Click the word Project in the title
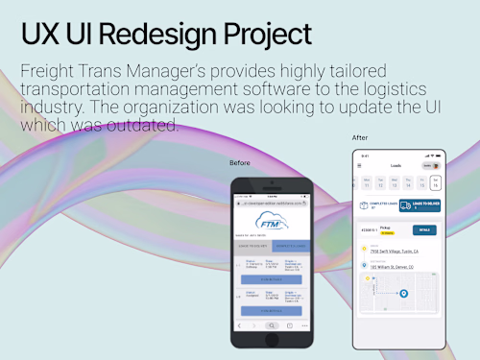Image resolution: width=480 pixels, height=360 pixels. pos(264,34)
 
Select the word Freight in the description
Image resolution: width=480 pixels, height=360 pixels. pos(50,72)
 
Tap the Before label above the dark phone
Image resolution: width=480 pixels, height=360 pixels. pos(239,163)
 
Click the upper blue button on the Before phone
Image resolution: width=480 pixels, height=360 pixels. pos(271,279)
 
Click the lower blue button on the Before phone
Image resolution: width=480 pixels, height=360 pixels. pos(271,310)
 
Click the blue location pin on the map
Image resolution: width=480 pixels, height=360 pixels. pos(404,293)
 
